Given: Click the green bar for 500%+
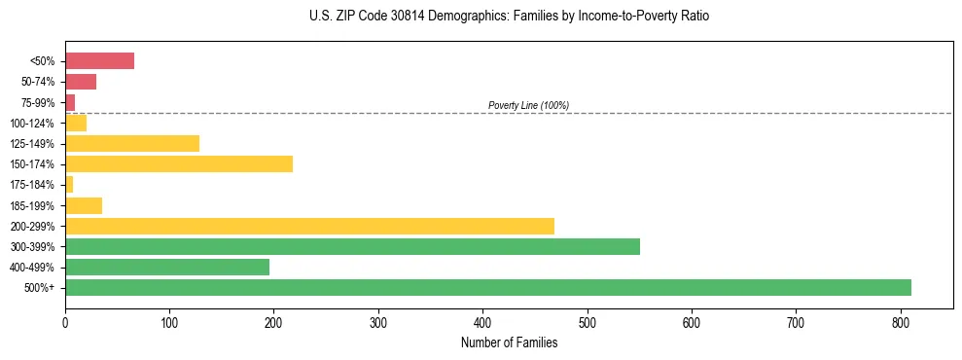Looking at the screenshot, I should click(487, 288).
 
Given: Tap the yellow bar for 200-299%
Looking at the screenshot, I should click(309, 226).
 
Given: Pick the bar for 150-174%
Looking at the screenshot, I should click(179, 164).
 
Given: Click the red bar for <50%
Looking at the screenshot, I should click(99, 61).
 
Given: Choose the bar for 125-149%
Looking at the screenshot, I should click(132, 144).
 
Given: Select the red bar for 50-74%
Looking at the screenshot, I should click(81, 82).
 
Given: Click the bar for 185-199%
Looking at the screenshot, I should click(84, 205).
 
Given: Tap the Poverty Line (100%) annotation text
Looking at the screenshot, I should click(528, 105).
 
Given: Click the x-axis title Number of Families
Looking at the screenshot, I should click(509, 342).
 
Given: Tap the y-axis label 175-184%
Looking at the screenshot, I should click(32, 185).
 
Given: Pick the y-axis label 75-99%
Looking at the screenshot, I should click(36, 103).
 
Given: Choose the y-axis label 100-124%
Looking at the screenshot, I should click(32, 124).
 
